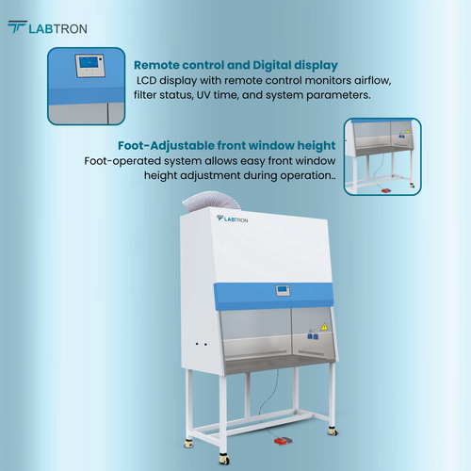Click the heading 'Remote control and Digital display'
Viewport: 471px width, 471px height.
235,65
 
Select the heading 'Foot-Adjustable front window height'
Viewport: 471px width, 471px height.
227,146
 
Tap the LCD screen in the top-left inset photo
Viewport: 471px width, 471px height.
88,65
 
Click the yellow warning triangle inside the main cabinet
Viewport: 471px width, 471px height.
324,328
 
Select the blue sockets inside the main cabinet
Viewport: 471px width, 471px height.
311,332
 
